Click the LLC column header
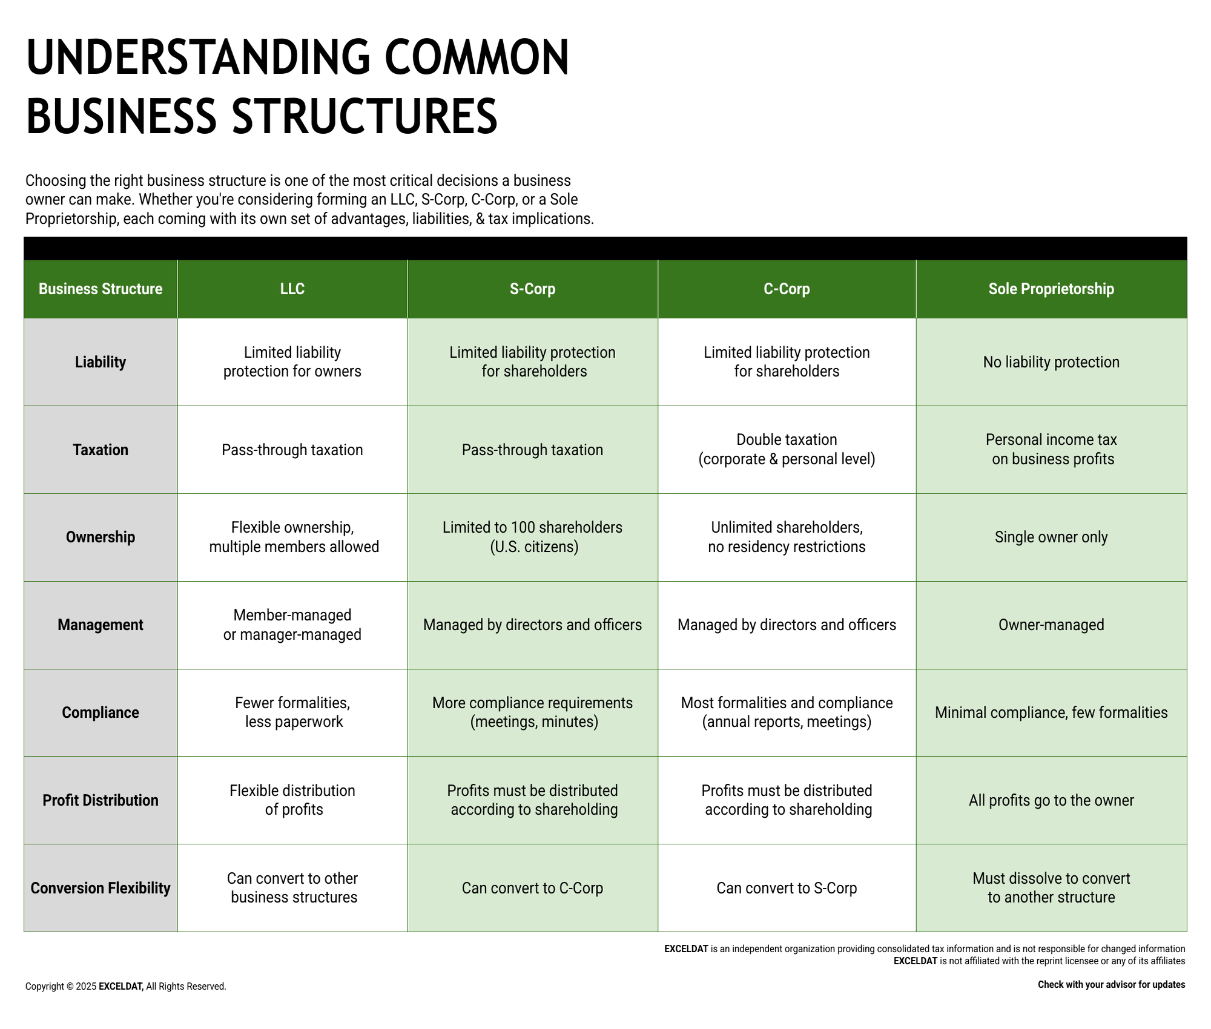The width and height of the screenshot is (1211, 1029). tap(292, 289)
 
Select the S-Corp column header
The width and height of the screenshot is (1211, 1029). tap(532, 289)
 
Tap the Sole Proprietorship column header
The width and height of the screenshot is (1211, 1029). tap(1051, 289)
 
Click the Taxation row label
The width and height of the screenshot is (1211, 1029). tap(101, 450)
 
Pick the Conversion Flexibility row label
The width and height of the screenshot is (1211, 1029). tap(101, 888)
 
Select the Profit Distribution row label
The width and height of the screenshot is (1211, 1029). tap(101, 800)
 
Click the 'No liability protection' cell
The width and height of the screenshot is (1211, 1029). tap(1051, 362)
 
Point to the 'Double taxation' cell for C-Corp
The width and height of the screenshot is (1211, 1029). tap(787, 450)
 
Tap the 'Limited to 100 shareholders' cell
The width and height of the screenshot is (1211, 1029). tap(532, 537)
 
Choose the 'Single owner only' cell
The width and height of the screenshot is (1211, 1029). tap(1051, 537)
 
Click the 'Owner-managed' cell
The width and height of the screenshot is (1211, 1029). tap(1051, 625)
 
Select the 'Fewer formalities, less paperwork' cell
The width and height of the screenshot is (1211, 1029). tap(292, 712)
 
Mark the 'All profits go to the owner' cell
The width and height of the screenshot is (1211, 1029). tap(1051, 800)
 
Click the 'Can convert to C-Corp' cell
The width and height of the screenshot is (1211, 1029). tap(532, 888)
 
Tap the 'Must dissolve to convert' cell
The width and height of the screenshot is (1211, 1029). tap(1051, 888)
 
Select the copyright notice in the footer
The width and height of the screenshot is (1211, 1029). tap(126, 987)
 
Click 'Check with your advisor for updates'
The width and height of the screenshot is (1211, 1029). tap(1111, 985)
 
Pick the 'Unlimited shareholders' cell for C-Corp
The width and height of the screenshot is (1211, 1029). tap(787, 537)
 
